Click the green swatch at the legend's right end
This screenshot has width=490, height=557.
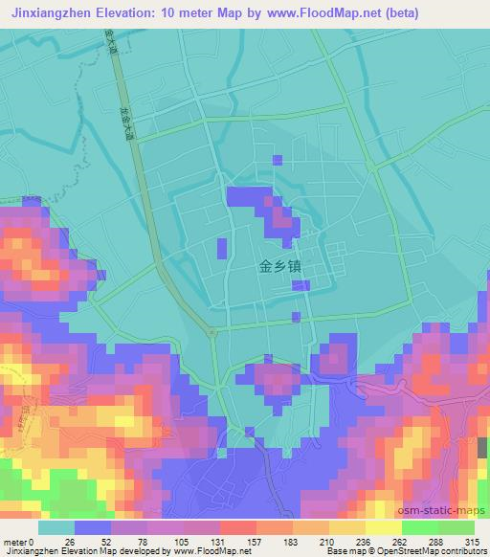(x=456, y=527)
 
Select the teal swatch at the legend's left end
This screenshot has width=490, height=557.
(x=56, y=527)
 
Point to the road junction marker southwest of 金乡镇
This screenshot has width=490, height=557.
(x=211, y=331)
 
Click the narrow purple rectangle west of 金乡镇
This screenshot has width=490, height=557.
(x=222, y=249)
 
